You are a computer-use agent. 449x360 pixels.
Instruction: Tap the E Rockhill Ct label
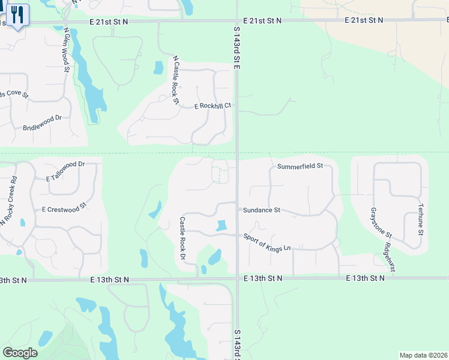[x=212, y=106]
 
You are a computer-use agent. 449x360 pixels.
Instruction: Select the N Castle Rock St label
[x=175, y=80]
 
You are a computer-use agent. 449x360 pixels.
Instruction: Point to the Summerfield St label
[x=300, y=166]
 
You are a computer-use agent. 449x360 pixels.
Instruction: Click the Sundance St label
[x=262, y=210]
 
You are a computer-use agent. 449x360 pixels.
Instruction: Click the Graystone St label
[x=381, y=222]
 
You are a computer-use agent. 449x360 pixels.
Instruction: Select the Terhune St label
[x=421, y=219]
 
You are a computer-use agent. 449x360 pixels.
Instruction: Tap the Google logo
[x=20, y=352]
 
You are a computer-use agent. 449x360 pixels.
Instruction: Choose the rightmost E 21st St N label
[x=364, y=20]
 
